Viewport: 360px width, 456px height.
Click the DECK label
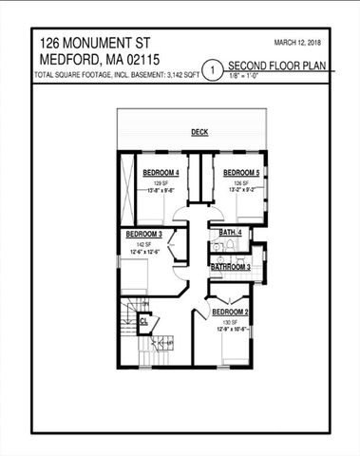pos(199,132)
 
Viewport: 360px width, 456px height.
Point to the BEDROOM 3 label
pos(145,234)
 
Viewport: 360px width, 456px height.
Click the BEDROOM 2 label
pos(230,313)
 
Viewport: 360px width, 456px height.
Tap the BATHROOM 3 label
pos(231,268)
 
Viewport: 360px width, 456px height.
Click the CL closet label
pos(143,321)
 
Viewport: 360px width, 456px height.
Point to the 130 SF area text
pos(230,323)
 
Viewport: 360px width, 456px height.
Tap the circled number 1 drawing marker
pos(214,69)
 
